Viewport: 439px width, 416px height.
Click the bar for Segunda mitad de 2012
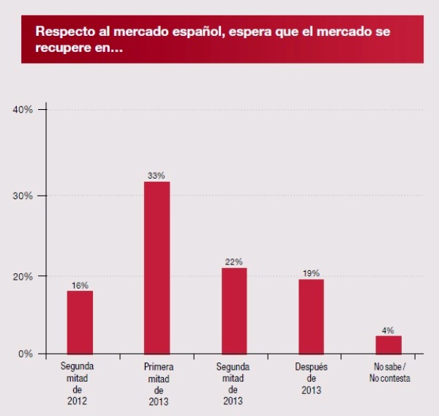[80, 322]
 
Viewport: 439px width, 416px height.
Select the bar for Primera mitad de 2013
[157, 267]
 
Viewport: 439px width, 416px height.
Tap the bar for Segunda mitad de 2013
[233, 311]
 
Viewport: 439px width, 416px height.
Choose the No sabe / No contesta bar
[389, 344]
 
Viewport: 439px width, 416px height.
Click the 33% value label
[157, 176]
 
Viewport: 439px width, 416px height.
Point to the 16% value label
[80, 285]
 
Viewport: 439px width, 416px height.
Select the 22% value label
[233, 261]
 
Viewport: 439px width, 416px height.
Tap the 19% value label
[310, 273]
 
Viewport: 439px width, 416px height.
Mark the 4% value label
[389, 330]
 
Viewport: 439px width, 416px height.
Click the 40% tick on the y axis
[23, 110]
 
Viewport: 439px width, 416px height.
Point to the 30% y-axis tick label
[23, 196]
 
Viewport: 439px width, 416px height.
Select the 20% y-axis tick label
[23, 276]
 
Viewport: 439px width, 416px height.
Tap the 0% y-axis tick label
[25, 354]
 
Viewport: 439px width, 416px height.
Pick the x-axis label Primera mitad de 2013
[157, 384]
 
